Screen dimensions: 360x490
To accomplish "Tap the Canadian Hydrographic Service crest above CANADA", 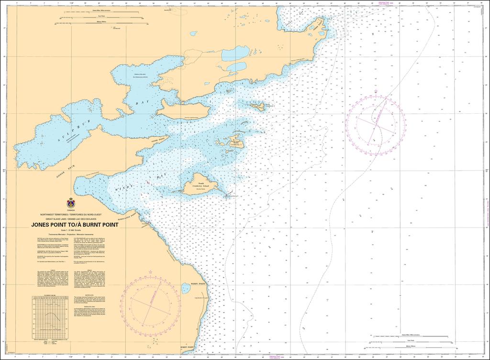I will click(70, 203).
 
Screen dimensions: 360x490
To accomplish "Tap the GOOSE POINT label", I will click(157, 140).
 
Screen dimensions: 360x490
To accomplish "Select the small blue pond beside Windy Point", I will click(186, 288).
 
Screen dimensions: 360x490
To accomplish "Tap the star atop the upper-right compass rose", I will click(376, 90).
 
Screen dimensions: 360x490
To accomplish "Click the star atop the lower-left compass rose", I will click(151, 271).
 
